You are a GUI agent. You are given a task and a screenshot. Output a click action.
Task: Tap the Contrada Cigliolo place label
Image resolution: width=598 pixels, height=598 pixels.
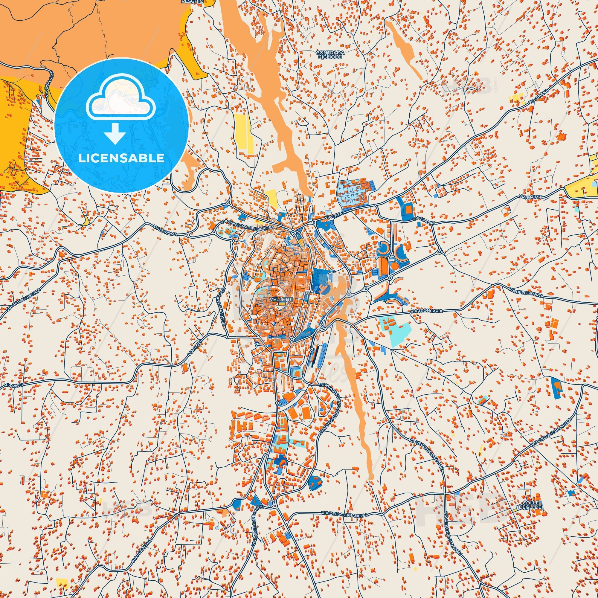330,55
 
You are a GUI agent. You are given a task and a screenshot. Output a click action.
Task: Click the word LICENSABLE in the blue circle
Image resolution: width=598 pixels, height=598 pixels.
121,158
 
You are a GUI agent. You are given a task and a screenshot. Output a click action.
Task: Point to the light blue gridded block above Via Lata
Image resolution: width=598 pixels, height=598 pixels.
353,192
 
